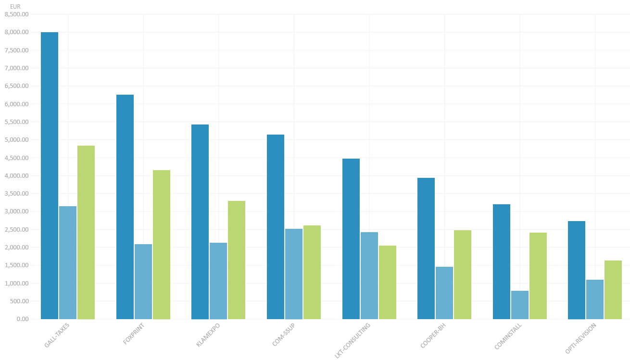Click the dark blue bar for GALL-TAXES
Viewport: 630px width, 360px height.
click(x=50, y=175)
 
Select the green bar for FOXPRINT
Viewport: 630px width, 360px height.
click(x=162, y=245)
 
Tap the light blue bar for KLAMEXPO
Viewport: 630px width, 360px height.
click(x=218, y=281)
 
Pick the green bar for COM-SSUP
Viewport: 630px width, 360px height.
click(x=312, y=272)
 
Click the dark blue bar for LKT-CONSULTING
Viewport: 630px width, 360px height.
click(x=351, y=239)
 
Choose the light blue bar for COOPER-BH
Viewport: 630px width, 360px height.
click(x=444, y=293)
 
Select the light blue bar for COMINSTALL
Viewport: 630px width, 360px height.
click(x=520, y=305)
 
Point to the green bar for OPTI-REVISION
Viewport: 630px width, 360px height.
click(x=613, y=290)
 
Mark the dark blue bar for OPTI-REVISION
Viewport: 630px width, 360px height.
click(x=577, y=270)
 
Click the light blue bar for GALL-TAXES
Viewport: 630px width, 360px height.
click(x=68, y=262)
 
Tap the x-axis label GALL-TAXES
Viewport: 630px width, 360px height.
click(x=57, y=335)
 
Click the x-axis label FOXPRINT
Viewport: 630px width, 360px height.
click(x=134, y=334)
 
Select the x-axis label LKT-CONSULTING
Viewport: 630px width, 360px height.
click(x=353, y=341)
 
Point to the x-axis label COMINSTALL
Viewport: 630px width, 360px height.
click(x=508, y=336)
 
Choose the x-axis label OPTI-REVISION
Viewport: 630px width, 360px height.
click(x=581, y=338)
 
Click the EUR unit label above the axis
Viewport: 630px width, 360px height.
click(x=15, y=6)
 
